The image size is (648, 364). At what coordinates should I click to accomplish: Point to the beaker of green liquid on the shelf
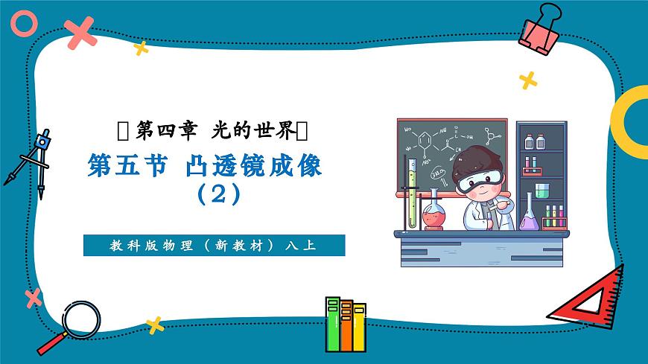[542, 190]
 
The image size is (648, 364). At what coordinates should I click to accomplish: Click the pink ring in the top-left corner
[24, 25]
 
